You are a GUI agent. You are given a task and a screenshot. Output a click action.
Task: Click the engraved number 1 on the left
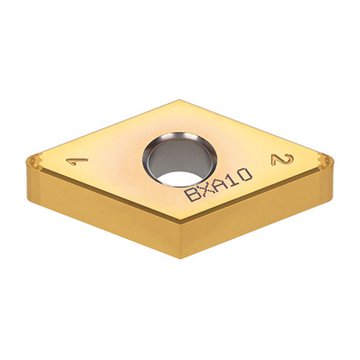[77, 161]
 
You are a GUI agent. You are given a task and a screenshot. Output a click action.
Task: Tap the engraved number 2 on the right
[282, 160]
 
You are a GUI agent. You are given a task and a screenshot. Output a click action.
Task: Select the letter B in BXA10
[192, 194]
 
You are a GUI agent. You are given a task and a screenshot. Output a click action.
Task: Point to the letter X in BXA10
[206, 189]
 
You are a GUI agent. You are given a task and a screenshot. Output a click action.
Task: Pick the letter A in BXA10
[220, 183]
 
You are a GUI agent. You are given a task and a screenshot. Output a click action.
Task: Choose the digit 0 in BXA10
[246, 174]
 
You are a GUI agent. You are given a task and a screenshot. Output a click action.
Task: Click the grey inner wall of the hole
[179, 156]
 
